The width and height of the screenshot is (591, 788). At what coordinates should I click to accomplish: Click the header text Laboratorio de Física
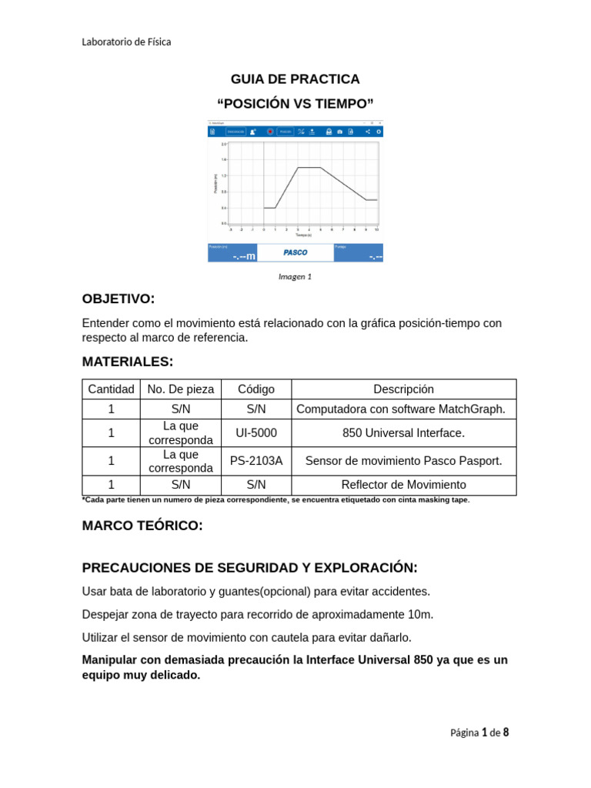[x=126, y=42]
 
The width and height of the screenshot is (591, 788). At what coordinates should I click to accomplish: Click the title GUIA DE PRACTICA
[x=295, y=79]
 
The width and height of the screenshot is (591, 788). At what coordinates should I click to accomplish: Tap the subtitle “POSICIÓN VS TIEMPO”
[x=295, y=104]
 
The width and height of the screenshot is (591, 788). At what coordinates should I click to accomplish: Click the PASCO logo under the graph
[x=295, y=252]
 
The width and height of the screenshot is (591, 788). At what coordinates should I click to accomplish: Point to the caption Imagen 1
[x=295, y=277]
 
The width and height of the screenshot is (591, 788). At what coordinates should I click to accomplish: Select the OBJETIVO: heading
[x=119, y=299]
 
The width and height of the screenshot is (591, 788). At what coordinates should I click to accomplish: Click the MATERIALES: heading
[x=128, y=362]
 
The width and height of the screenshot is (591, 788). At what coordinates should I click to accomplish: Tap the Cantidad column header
[x=112, y=389]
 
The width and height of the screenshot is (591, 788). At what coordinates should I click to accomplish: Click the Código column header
[x=256, y=389]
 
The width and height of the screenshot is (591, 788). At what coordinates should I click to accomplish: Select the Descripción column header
[x=404, y=389]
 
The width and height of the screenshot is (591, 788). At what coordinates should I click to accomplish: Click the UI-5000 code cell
[x=256, y=433]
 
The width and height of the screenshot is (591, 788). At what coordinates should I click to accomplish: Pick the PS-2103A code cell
[x=256, y=461]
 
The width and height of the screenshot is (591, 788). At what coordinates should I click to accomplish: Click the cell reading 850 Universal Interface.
[x=404, y=433]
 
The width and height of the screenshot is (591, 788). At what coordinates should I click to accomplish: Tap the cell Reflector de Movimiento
[x=404, y=485]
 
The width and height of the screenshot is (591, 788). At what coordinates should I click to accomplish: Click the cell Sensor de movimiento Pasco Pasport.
[x=404, y=461]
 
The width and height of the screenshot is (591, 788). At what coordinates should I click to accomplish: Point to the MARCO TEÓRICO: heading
[x=142, y=526]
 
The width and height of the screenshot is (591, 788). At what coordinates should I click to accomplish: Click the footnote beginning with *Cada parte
[x=275, y=499]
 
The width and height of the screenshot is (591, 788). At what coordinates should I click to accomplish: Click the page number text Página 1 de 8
[x=479, y=733]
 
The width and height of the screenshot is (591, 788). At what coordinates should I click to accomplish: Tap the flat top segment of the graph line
[x=309, y=167]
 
